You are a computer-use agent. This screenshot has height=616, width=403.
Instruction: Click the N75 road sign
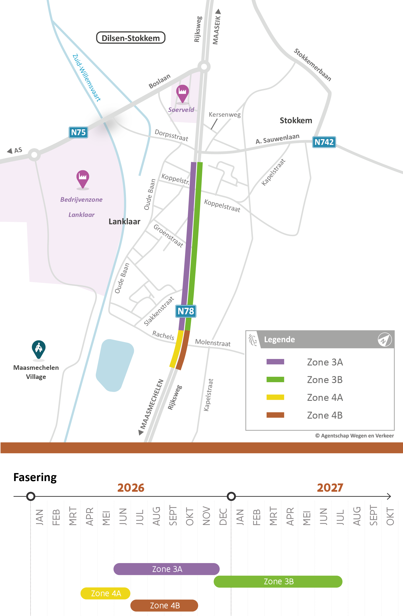pos(78,132)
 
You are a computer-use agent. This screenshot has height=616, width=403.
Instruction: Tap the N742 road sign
pos(324,142)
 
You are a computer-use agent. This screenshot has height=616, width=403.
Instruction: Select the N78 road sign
pos(186,311)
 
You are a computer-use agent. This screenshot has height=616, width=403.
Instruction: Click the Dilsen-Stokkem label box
pos(131,38)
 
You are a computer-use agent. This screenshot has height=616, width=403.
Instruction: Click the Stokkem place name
pos(296,120)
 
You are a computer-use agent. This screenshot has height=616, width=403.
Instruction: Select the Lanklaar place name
pos(124,221)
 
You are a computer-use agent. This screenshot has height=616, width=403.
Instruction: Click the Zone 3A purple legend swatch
pos(275,362)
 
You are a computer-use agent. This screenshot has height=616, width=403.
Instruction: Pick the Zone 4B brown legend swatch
pos(275,415)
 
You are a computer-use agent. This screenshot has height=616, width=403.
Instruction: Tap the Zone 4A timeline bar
pos(106,593)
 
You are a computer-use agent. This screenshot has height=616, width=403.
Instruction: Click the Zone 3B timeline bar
pos(278,581)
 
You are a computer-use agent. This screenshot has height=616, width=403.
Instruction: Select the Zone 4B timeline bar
pos(164,605)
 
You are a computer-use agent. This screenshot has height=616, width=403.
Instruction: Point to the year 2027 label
pos(330,488)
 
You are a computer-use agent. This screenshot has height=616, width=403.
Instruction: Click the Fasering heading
pos(35,477)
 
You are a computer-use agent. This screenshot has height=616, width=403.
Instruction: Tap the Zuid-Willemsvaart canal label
pos(86,78)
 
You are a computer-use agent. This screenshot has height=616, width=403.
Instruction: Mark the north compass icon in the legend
pos(384,339)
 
